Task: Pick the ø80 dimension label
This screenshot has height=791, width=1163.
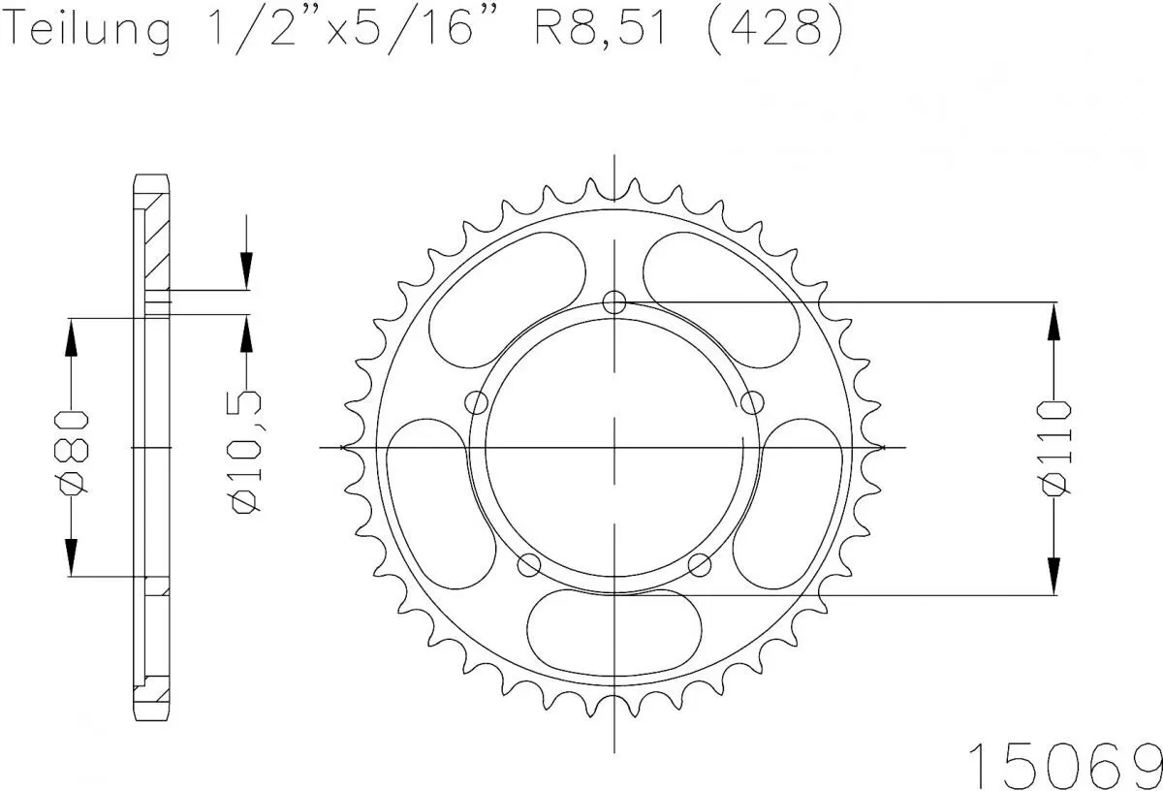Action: tap(73, 450)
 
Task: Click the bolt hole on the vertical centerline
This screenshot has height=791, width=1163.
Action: tap(614, 302)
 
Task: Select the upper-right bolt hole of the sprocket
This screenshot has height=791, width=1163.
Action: tap(750, 401)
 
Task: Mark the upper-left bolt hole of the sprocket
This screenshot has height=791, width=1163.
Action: tap(477, 402)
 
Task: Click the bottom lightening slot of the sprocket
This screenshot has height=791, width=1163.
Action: tap(613, 626)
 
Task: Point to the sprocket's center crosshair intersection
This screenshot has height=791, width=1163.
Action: tap(614, 448)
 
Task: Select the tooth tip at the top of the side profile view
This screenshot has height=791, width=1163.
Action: tap(150, 180)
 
